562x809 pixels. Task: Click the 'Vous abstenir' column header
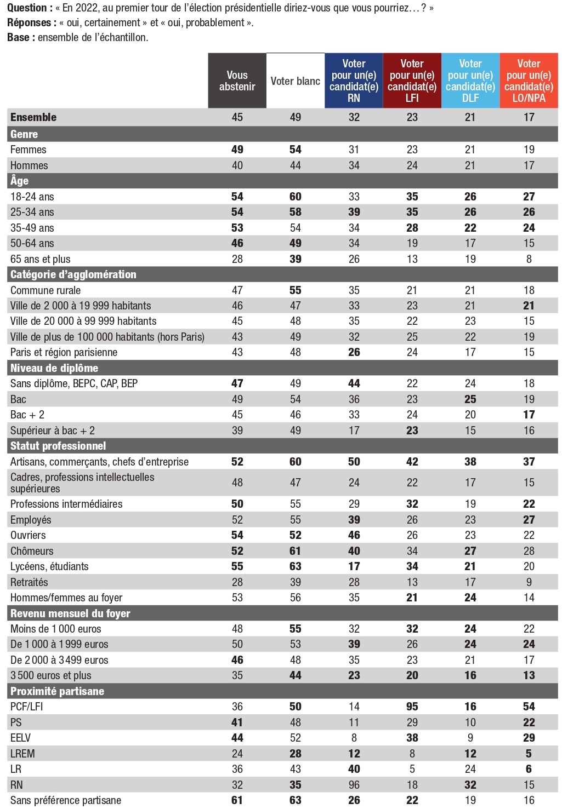pyautogui.click(x=237, y=81)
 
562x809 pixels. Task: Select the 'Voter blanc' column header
pyautogui.click(x=296, y=81)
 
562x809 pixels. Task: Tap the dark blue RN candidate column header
pyautogui.click(x=354, y=81)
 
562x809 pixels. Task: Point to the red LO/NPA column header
pyautogui.click(x=529, y=81)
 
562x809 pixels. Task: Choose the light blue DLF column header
pyautogui.click(x=470, y=81)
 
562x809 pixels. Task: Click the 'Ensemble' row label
pyautogui.click(x=33, y=117)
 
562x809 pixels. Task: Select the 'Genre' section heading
pyautogui.click(x=24, y=134)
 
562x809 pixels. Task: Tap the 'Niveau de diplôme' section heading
pyautogui.click(x=54, y=368)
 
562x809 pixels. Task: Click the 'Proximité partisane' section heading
pyautogui.click(x=57, y=691)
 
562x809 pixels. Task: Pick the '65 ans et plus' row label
pyautogui.click(x=40, y=259)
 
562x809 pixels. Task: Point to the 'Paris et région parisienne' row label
pyautogui.click(x=64, y=352)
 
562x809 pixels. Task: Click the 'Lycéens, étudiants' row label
pyautogui.click(x=49, y=566)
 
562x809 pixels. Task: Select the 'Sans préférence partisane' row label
pyautogui.click(x=65, y=800)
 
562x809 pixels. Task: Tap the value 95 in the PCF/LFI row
pyautogui.click(x=412, y=707)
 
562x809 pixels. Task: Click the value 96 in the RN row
pyautogui.click(x=354, y=784)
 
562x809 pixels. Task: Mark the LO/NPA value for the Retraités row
pyautogui.click(x=529, y=582)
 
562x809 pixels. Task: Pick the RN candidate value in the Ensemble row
pyautogui.click(x=354, y=117)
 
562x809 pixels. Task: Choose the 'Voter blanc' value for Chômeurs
pyautogui.click(x=296, y=551)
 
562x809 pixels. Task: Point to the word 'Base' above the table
pyautogui.click(x=19, y=37)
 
